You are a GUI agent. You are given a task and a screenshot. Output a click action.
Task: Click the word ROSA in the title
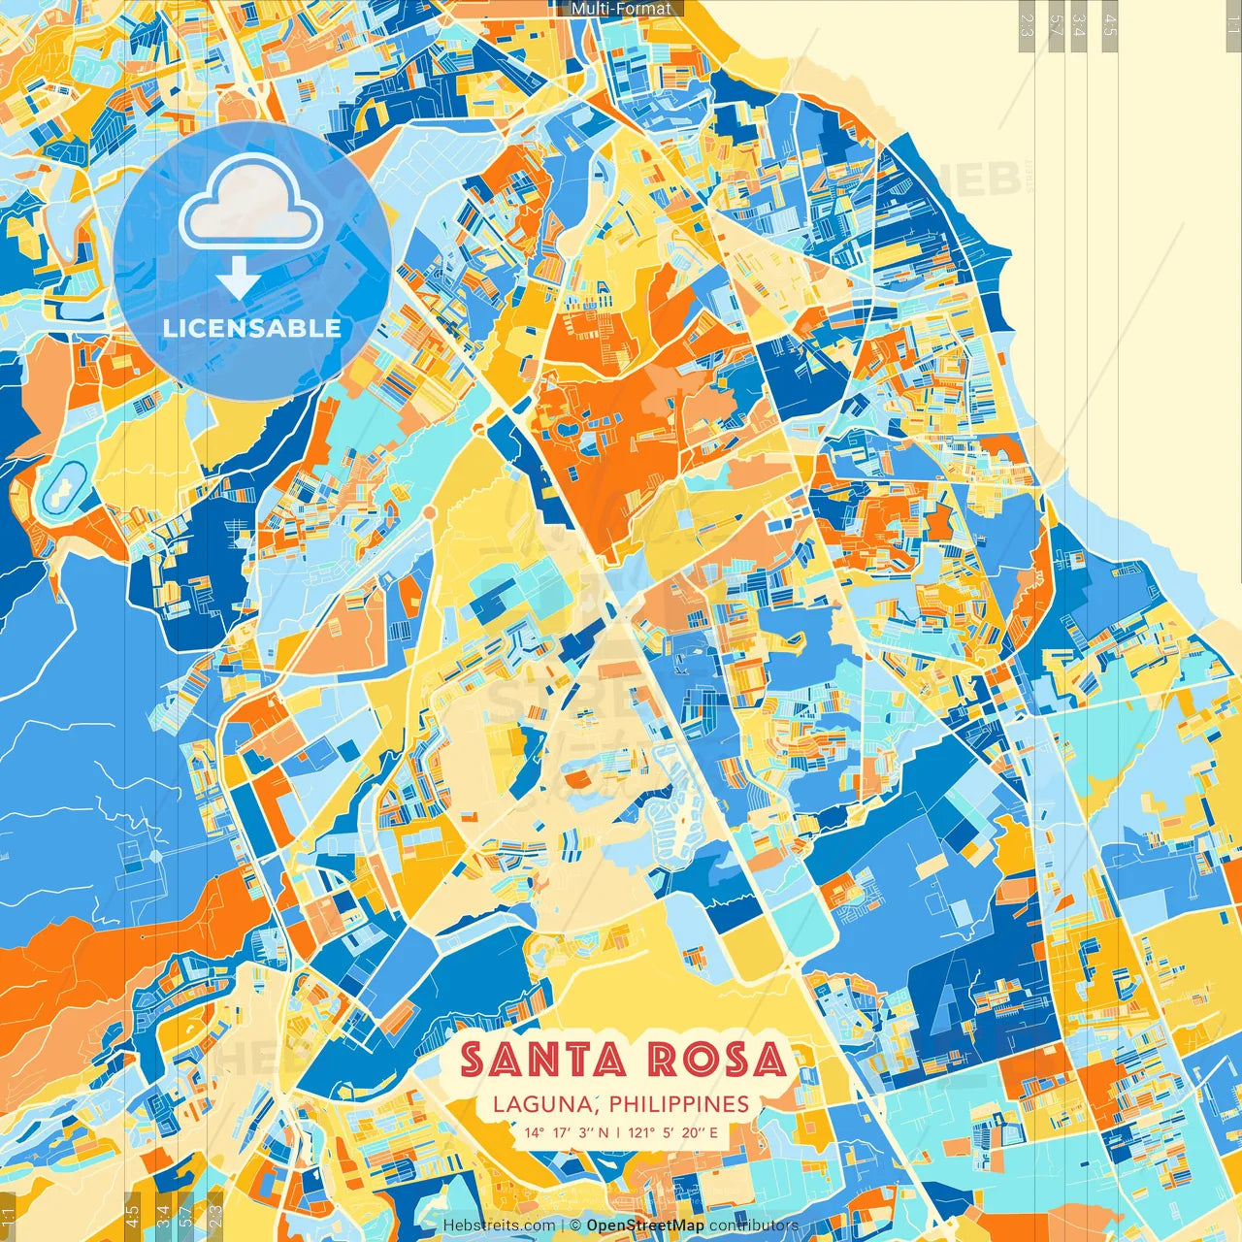tap(717, 1060)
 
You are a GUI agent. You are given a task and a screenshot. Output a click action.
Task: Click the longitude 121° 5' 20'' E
tap(673, 1132)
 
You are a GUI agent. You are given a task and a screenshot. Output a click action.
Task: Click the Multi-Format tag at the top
tap(621, 9)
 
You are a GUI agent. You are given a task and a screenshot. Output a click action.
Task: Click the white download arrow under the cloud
tap(237, 280)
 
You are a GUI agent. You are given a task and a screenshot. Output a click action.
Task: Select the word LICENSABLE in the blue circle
tap(252, 328)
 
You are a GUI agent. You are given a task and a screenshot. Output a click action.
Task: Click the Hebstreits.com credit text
tap(500, 1226)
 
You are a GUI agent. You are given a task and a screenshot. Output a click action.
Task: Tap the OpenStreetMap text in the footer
tap(644, 1226)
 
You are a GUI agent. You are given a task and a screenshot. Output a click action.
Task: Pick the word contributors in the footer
tap(754, 1226)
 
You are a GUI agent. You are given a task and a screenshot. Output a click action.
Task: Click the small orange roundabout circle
tap(429, 511)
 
